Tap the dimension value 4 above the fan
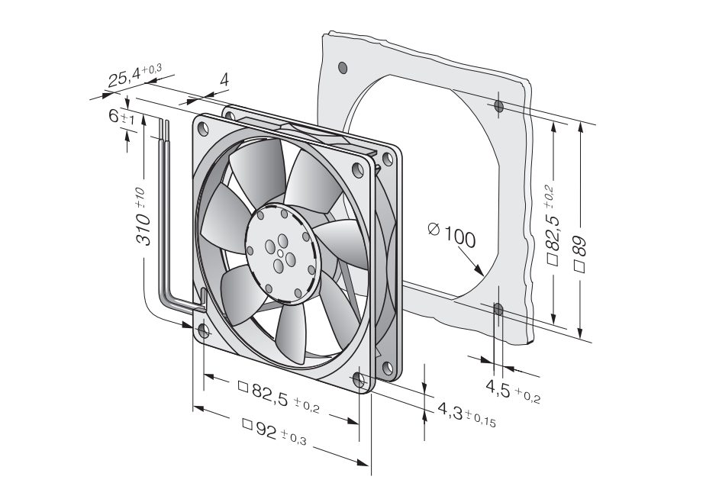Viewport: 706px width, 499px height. pyautogui.click(x=224, y=79)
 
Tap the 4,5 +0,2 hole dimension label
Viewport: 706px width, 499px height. pyautogui.click(x=512, y=390)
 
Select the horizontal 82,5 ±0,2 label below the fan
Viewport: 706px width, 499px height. pyautogui.click(x=279, y=398)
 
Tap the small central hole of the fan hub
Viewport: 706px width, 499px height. pyautogui.click(x=281, y=253)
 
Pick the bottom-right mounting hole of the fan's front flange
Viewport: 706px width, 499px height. pyautogui.click(x=359, y=379)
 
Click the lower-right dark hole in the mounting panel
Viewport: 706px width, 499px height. pyautogui.click(x=498, y=309)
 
